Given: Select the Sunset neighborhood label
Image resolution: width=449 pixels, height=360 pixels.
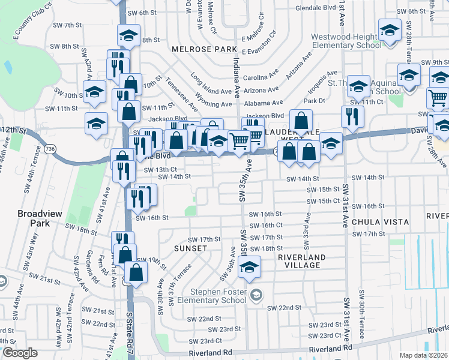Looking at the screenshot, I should [190, 248].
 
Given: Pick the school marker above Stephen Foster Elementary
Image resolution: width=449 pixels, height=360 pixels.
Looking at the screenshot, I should [248, 268].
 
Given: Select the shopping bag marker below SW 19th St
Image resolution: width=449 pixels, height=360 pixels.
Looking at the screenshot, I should [137, 272].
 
